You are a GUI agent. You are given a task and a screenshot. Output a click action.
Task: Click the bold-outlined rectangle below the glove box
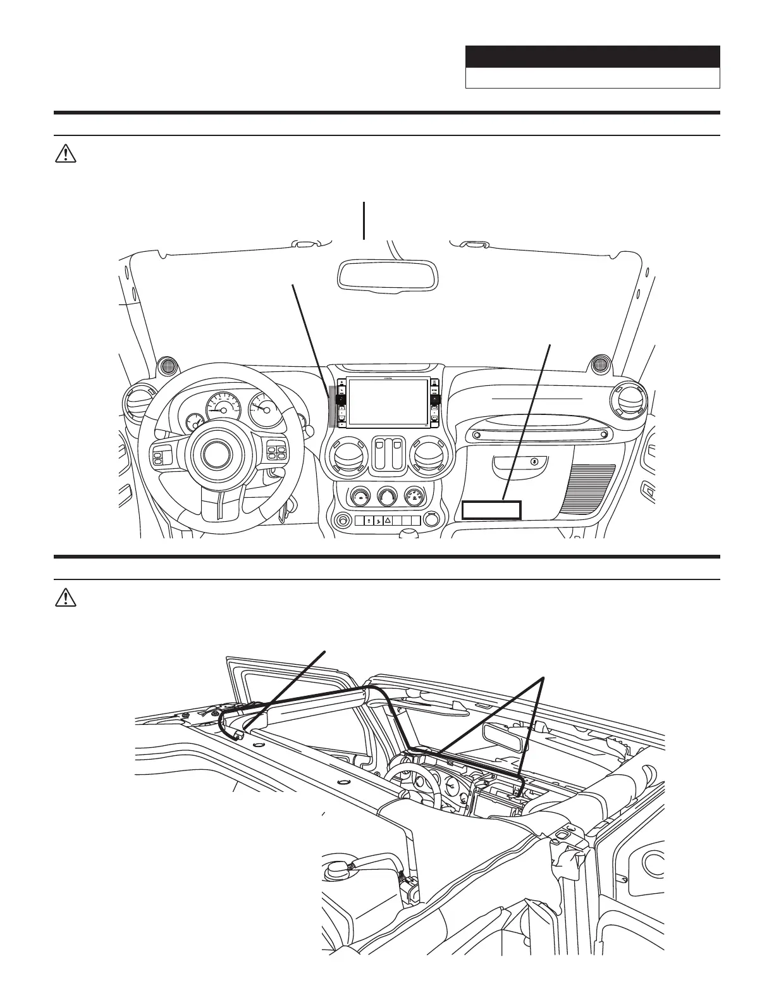click(491, 510)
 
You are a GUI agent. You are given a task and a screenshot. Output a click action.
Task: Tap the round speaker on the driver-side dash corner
click(168, 365)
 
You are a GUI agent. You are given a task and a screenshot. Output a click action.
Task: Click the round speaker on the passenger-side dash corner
click(597, 365)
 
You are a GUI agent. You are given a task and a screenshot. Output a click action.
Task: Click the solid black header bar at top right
click(593, 56)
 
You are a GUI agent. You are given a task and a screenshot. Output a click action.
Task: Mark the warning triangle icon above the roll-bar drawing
click(65, 598)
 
